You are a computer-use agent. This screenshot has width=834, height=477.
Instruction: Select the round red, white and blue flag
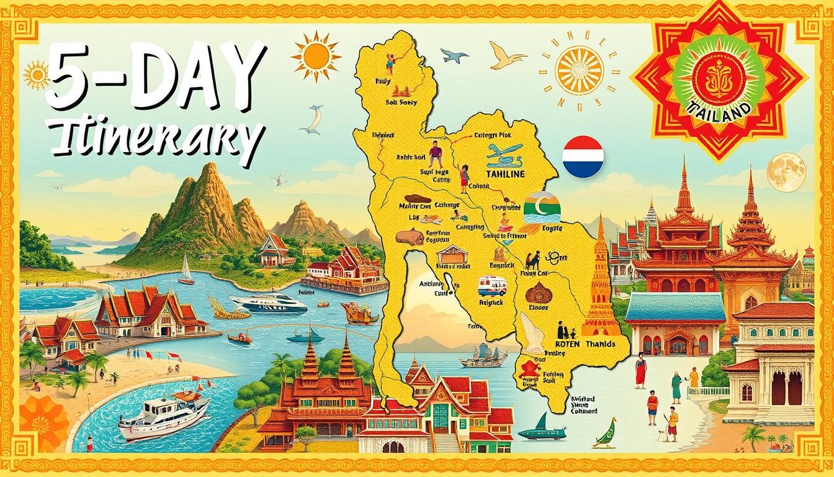coord(583,157)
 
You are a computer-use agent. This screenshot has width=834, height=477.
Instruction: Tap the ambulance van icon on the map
coord(492,286)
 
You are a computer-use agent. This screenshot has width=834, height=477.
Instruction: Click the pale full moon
coord(786,172)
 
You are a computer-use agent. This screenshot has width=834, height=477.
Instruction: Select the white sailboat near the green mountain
coord(186,270)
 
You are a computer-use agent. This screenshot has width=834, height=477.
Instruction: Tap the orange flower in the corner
coord(43,423)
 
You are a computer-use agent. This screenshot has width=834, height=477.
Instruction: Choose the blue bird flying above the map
coord(454,56)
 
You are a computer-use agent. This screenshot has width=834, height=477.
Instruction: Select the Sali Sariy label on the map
coord(401,102)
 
